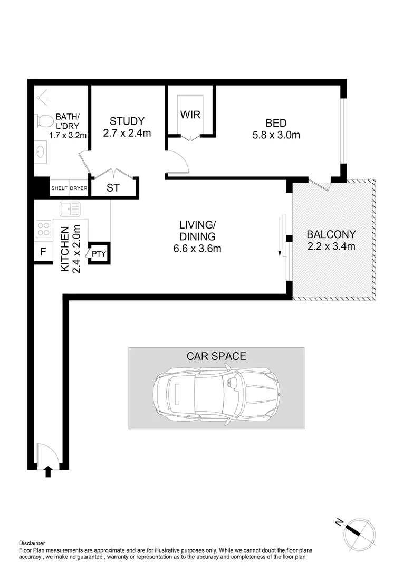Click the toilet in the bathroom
(44, 122)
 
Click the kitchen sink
(70, 209)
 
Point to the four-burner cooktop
(43, 230)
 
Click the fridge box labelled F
(43, 252)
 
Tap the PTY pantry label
(99, 254)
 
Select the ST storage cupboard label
(113, 188)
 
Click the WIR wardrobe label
(190, 115)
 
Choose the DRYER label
(79, 188)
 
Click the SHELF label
(59, 188)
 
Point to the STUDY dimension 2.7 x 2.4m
(127, 134)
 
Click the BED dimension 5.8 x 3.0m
(276, 135)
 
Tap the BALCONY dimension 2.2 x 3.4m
(331, 246)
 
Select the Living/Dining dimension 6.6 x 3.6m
(197, 249)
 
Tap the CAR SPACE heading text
(216, 356)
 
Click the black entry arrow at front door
(49, 471)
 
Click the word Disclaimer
(32, 543)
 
